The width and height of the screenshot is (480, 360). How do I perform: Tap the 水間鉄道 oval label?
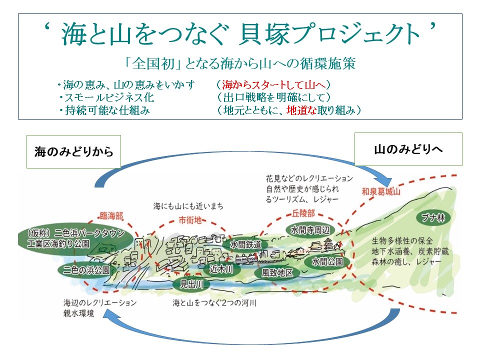[x=246, y=245]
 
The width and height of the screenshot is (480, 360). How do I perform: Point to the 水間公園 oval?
[x=327, y=261]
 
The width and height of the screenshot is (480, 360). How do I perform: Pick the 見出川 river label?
[x=191, y=285]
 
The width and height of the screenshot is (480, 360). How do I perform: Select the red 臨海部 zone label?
[x=111, y=215]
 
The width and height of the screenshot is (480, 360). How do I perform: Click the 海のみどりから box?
[x=73, y=151]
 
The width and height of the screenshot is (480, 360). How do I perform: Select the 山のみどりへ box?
[x=408, y=149]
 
